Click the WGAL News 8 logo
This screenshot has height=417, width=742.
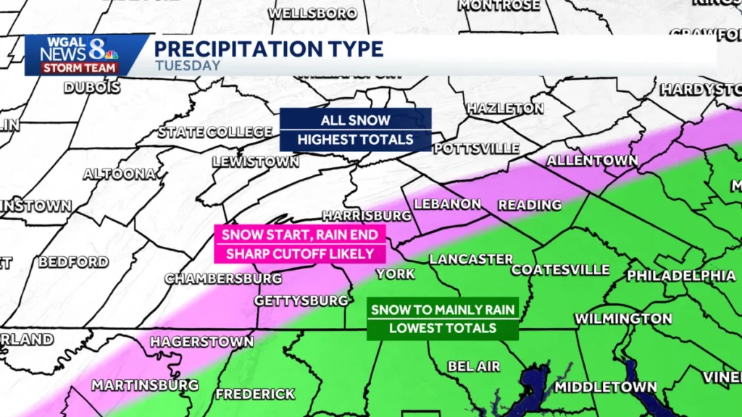78,55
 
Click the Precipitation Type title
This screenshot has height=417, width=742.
268,49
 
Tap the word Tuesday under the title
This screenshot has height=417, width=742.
188,66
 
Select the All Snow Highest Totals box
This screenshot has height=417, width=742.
356,130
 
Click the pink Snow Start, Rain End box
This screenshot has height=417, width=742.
300,244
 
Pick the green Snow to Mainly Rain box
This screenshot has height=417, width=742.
443,319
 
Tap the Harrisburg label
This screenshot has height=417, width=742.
367,216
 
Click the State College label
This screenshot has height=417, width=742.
215,132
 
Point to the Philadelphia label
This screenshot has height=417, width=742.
681,276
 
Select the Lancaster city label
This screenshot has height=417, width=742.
471,259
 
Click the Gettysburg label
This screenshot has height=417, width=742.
302,300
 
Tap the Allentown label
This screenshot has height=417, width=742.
592,161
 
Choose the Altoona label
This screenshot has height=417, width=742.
120,174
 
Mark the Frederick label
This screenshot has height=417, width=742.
255,395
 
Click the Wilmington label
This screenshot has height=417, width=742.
623,319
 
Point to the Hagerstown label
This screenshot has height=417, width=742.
201,341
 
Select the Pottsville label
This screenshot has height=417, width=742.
476,148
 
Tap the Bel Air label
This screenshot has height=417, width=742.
473,366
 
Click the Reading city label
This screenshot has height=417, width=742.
530,205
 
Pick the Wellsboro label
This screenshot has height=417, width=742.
312,13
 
